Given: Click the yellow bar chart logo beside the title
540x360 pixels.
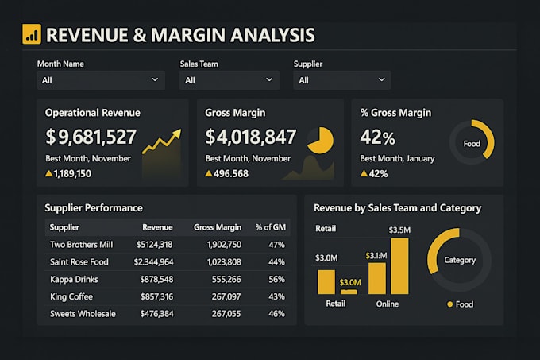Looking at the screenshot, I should [x=32, y=34].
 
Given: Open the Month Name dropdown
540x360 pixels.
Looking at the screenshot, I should [x=101, y=80].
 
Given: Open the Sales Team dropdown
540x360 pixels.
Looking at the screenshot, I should [x=229, y=80].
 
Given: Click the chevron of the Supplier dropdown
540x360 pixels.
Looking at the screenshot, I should [x=382, y=80].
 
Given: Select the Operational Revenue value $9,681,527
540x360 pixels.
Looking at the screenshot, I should [x=91, y=137].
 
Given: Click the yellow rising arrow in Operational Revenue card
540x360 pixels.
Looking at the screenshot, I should [x=161, y=144].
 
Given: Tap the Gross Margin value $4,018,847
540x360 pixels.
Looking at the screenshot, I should [x=251, y=137].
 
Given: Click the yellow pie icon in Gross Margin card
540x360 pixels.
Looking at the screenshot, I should [x=319, y=140].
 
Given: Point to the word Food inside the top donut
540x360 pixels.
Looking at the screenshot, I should [x=472, y=145].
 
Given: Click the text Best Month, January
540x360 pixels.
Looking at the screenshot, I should [x=397, y=158].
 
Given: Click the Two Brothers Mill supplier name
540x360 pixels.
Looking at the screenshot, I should [x=82, y=245].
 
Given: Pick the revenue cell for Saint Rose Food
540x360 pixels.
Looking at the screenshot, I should [x=154, y=262].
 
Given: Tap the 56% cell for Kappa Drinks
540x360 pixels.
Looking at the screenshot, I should [x=276, y=279].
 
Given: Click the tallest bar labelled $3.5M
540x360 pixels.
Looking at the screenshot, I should [x=399, y=266].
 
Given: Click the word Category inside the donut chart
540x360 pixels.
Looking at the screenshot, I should [x=460, y=260].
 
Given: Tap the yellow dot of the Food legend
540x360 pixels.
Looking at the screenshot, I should [x=450, y=304].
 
